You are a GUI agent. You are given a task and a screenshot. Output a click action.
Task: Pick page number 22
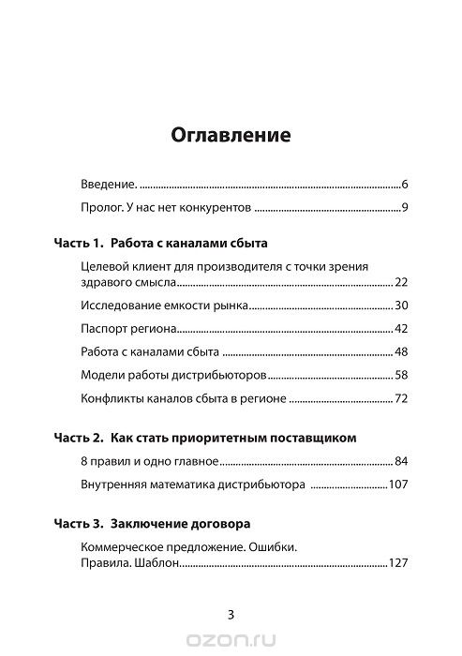click(x=399, y=282)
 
